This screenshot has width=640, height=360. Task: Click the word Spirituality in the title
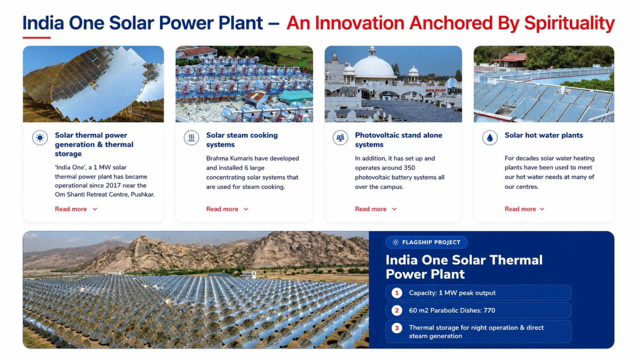pos(569,23)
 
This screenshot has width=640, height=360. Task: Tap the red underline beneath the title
pos(37,38)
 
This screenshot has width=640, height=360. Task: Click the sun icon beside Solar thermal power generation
pos(40,138)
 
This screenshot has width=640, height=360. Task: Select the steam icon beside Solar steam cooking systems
pos(191,138)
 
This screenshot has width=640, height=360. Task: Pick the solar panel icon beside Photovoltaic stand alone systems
pos(340,138)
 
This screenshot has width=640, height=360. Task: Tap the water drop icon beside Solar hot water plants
pos(490,138)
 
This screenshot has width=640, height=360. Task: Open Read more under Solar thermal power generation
pos(76,209)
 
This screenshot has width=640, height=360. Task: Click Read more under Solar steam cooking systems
pos(227,209)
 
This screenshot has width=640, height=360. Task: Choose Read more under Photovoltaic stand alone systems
pos(376,209)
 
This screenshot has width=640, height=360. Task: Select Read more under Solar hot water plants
pos(524,209)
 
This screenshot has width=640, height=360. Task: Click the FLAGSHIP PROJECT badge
pos(426,242)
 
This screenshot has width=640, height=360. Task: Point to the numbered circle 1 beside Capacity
pos(397,293)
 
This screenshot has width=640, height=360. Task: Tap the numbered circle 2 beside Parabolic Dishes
pos(397,311)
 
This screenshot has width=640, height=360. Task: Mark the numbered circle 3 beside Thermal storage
pos(397,328)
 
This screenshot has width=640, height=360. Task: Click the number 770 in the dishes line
pos(489,310)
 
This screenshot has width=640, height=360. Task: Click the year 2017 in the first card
pos(114,185)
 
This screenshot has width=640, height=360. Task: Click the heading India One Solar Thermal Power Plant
pos(464,267)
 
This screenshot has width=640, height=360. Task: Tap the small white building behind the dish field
pos(249,275)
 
